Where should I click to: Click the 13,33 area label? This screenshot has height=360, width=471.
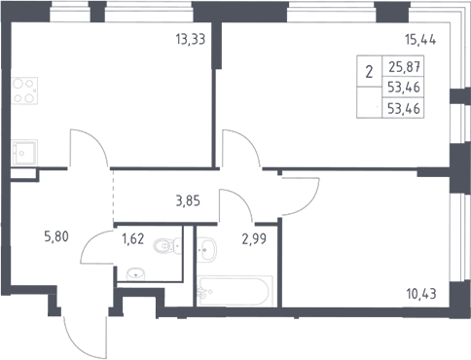coord(191,39)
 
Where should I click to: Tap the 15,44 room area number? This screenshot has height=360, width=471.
coord(420,39)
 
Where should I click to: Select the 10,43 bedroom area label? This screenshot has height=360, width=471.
coord(421,294)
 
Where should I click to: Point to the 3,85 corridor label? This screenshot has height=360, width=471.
coord(188,201)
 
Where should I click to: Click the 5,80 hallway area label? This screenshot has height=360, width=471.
coord(56,236)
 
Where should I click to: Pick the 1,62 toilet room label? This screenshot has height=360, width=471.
coord(132,239)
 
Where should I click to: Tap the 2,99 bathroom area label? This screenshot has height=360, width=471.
coord(254,239)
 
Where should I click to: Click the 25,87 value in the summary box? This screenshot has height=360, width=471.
coord(405,67)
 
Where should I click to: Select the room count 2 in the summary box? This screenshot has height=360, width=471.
coord(369,72)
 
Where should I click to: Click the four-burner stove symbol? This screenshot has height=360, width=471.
coord(24,90)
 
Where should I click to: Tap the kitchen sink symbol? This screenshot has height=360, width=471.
coord(24,153)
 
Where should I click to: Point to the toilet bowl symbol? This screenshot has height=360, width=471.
coord(166,245)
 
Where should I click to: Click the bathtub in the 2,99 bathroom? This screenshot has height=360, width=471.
coord(235,291)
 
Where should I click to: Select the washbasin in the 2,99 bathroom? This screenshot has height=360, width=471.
coord(206,249)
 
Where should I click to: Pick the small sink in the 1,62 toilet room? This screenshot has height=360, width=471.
coord(135,274)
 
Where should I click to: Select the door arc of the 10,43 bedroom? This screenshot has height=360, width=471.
coord(309,204)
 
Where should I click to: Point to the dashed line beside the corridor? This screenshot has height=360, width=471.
coord(113,196)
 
